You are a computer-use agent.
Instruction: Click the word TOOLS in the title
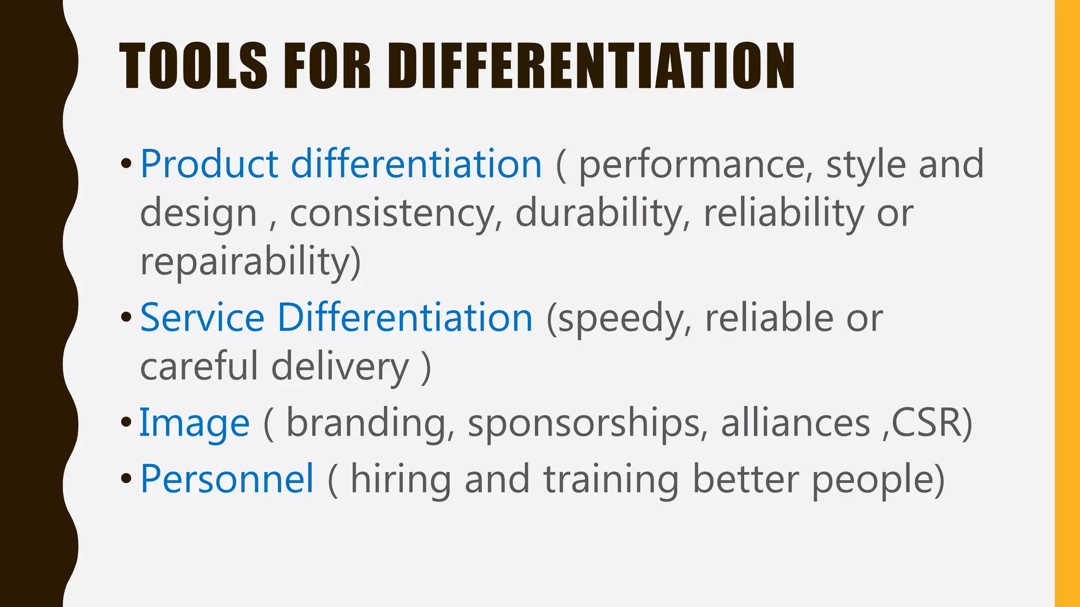click(193, 66)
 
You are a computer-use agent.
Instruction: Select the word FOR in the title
click(327, 66)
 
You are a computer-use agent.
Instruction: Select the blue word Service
click(202, 318)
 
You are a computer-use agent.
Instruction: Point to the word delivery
click(340, 367)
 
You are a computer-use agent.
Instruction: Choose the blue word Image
click(194, 423)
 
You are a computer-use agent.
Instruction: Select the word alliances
click(795, 423)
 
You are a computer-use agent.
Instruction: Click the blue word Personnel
click(227, 479)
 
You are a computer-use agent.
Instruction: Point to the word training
click(611, 480)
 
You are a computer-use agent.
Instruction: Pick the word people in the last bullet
click(872, 480)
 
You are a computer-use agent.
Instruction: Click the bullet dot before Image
click(126, 423)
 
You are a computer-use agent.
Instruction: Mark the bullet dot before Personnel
click(126, 479)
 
